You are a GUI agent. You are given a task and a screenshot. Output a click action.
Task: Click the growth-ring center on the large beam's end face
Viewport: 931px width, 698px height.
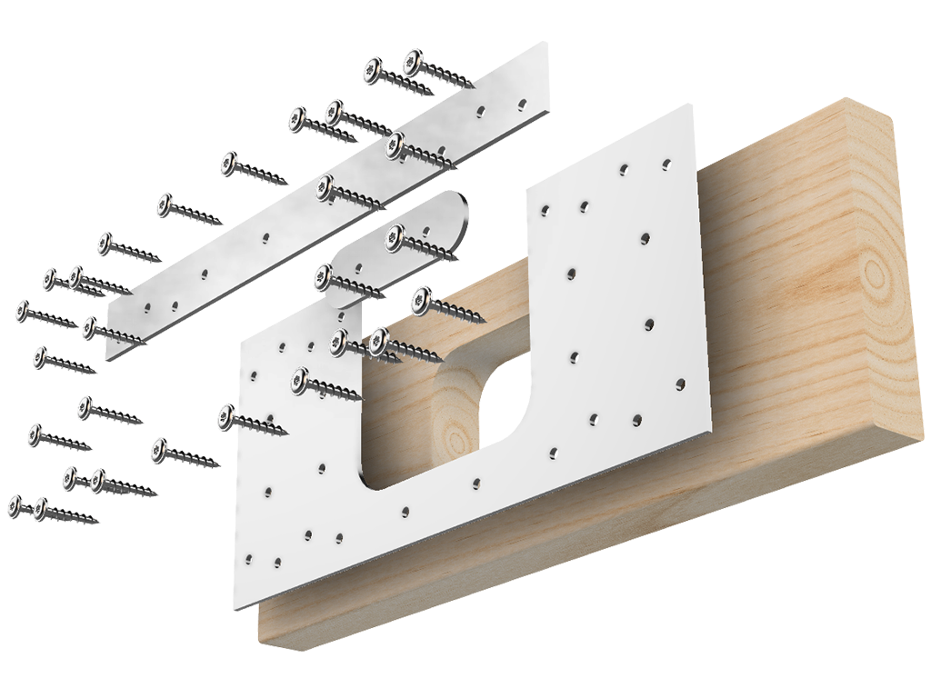(x=874, y=273)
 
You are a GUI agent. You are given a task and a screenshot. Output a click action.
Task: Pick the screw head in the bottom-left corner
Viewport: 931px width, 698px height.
(x=15, y=504)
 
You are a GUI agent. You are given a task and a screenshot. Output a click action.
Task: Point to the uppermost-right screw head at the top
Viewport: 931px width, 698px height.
(x=414, y=62)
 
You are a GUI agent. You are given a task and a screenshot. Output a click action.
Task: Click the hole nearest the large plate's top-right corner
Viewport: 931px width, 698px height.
(x=666, y=164)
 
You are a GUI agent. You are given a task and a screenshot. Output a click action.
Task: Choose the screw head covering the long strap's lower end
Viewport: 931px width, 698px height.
(x=90, y=327)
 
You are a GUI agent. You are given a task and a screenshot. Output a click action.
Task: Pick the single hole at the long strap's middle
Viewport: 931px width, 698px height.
(x=265, y=239)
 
